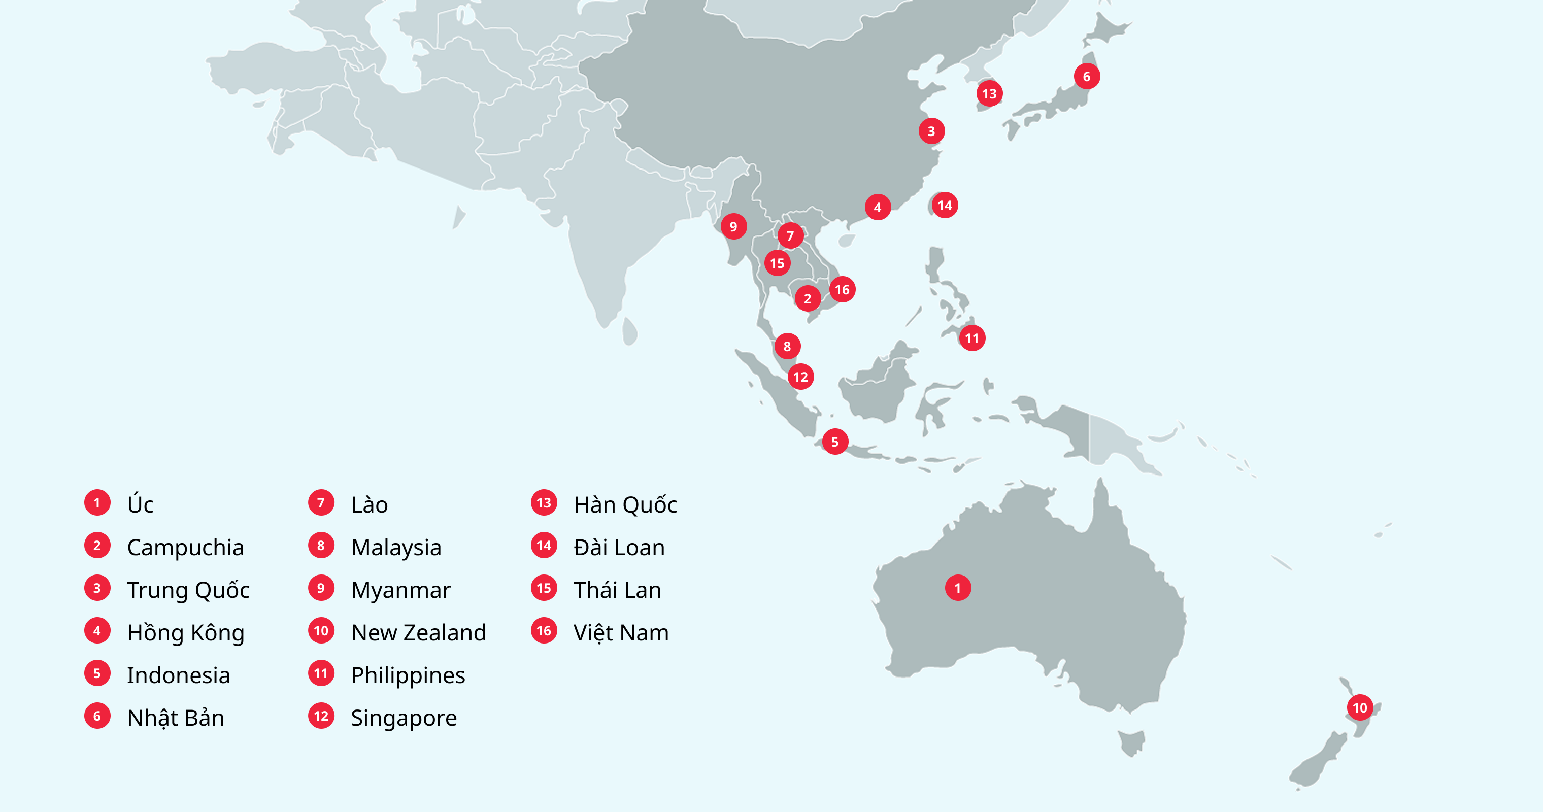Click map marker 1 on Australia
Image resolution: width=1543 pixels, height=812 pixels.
coord(957,588)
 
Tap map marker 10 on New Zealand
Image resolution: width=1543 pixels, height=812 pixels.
coord(1360,707)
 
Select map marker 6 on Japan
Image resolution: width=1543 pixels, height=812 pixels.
coord(1086,76)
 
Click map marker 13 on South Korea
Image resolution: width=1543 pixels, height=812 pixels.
coord(989,93)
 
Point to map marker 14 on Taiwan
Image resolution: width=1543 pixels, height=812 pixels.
coord(945,206)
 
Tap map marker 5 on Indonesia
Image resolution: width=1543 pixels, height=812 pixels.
coord(834,442)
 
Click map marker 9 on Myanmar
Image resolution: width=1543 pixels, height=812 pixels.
coord(733,226)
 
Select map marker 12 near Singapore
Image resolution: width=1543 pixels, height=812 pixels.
coord(800,377)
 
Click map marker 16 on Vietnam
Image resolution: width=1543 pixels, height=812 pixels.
coord(842,289)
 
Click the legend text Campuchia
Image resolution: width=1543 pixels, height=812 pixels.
coord(185,547)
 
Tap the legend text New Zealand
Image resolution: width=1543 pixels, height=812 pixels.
coord(418,632)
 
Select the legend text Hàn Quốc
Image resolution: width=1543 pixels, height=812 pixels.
coord(625,505)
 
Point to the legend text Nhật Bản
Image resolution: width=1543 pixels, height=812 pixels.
coord(176,718)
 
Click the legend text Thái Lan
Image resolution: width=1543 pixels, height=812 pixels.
coord(617,590)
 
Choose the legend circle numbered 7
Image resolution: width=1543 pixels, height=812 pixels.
coord(321,502)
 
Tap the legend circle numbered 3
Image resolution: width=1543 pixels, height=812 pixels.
coord(97,588)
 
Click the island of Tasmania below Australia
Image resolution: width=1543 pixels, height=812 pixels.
coord(1131,742)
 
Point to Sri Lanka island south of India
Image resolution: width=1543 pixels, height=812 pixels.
coord(629,331)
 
